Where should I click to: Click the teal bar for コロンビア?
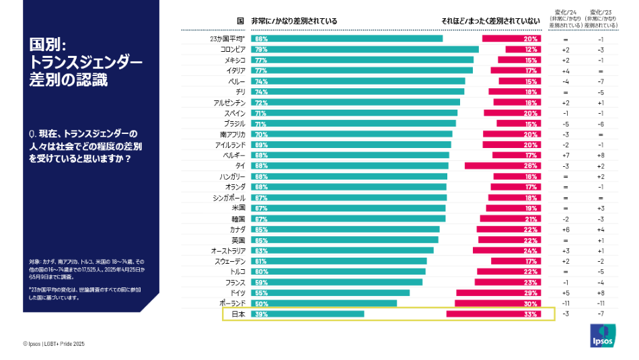click(364, 50)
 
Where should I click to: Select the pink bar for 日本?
click(493, 314)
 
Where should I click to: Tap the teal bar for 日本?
click(307, 314)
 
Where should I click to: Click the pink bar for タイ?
click(502, 166)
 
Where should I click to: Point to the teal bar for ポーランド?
click(323, 303)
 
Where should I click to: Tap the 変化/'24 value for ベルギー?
click(566, 155)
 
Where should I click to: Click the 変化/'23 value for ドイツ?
click(600, 293)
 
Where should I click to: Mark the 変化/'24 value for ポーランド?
click(566, 303)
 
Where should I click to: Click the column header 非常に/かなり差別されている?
click(294, 22)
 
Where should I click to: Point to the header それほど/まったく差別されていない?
click(490, 22)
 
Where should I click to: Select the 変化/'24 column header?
click(566, 18)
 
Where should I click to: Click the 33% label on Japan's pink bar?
click(530, 314)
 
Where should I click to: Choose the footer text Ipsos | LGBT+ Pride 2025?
click(54, 344)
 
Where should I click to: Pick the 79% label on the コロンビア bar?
click(261, 50)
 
